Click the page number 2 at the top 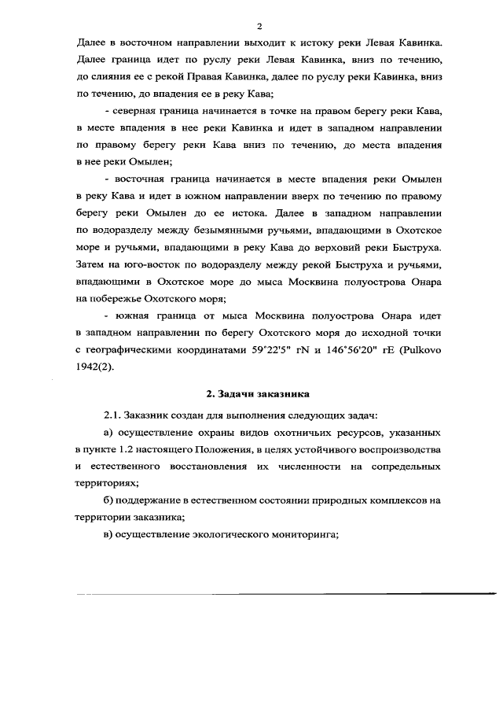259,24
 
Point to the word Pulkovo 426,350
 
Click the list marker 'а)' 109,433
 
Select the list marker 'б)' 109,500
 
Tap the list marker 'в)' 108,535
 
